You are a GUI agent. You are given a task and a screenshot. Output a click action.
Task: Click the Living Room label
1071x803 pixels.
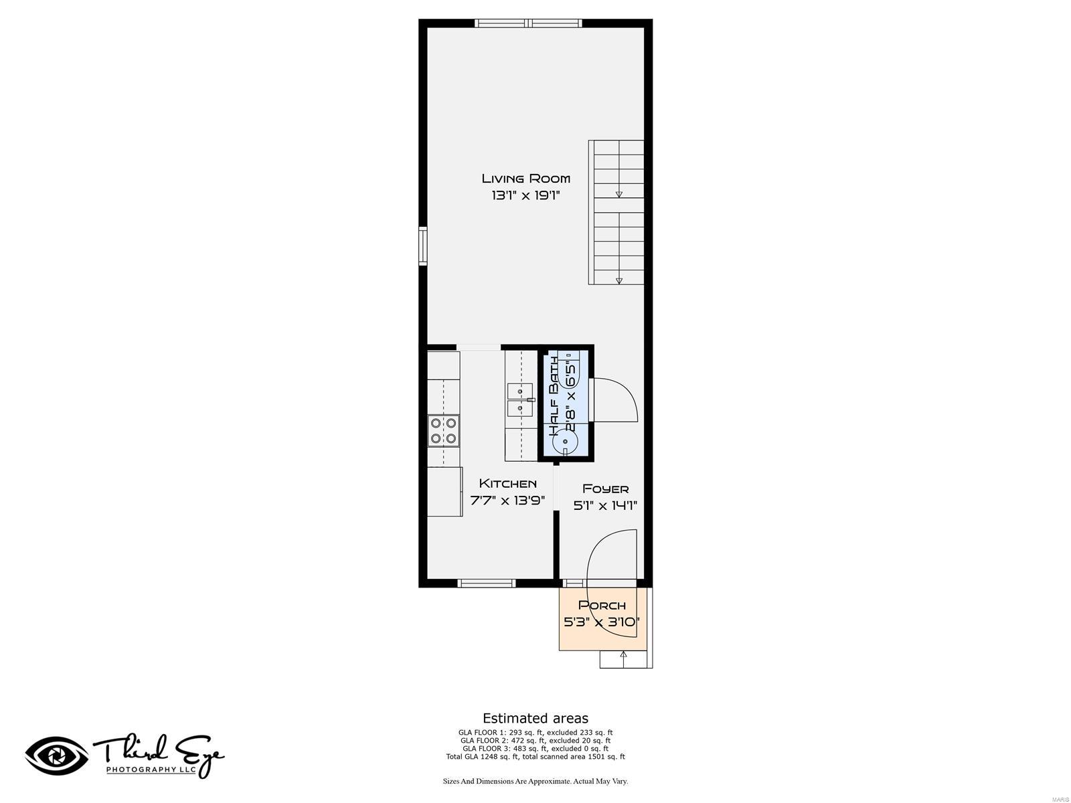click(x=525, y=178)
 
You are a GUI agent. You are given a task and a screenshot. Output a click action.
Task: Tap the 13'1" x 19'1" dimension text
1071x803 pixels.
click(x=525, y=195)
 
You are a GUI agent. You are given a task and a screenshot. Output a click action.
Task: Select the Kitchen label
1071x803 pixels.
click(x=507, y=483)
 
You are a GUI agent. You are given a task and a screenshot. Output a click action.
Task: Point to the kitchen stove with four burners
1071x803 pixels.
click(x=443, y=430)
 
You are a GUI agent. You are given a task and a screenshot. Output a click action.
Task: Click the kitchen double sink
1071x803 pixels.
click(x=519, y=399)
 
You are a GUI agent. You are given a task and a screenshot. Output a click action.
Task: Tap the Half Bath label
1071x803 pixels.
click(x=555, y=396)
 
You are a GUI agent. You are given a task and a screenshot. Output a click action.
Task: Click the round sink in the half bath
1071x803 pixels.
click(x=566, y=442)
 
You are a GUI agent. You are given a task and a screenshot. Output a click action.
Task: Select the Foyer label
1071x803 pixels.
click(x=605, y=488)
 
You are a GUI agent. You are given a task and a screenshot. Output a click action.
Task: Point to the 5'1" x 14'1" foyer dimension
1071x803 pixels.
click(x=605, y=506)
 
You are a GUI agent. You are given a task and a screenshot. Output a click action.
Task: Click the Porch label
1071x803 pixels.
click(x=602, y=605)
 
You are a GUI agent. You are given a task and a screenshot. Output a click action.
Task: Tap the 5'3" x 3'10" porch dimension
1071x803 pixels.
click(x=602, y=622)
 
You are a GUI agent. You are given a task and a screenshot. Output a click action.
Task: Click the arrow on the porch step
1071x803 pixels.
click(x=624, y=655)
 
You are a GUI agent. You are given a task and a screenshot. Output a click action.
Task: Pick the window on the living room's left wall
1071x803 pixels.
click(x=423, y=246)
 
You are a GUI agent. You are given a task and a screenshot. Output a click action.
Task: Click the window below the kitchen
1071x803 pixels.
click(x=487, y=584)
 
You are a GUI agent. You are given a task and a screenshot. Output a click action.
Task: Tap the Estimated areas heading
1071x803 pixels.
click(x=535, y=719)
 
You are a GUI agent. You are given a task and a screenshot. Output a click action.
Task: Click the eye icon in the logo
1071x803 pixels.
click(x=57, y=755)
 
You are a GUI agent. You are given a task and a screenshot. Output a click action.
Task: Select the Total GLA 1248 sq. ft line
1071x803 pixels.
click(x=535, y=757)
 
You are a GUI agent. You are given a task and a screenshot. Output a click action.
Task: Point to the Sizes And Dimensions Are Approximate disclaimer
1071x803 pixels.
click(x=535, y=781)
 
